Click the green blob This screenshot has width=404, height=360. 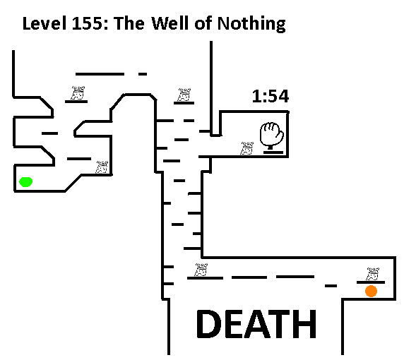pyautogui.click(x=25, y=182)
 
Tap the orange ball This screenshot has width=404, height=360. pyautogui.click(x=371, y=291)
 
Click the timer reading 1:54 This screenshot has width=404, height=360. pyautogui.click(x=271, y=96)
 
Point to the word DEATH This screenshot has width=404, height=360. pyautogui.click(x=256, y=324)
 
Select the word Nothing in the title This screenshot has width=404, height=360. pyautogui.click(x=251, y=24)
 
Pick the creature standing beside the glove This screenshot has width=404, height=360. pyautogui.click(x=247, y=148)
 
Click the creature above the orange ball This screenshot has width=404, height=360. pyautogui.click(x=372, y=274)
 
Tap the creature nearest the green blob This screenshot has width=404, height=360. pyautogui.click(x=102, y=167)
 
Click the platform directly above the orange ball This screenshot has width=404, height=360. pyautogui.click(x=371, y=282)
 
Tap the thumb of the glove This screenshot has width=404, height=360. pyautogui.click(x=280, y=135)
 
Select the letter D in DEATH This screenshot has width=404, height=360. pyautogui.click(x=209, y=324)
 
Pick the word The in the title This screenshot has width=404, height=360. pyautogui.click(x=129, y=23)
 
